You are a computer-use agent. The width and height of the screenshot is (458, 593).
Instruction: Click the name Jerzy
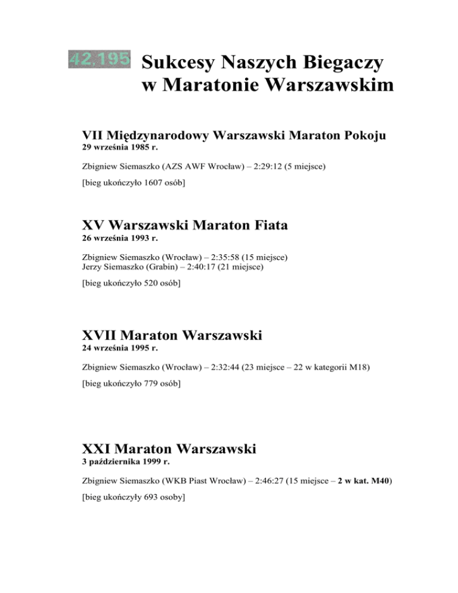[x=93, y=267]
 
